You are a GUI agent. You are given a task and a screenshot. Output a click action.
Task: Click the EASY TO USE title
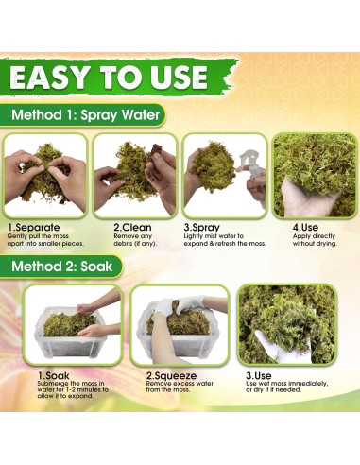[109, 77]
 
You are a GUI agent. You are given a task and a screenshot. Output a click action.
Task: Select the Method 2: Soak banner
[61, 267]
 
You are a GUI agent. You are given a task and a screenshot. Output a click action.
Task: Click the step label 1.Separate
[34, 227]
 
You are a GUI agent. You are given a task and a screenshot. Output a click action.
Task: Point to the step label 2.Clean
[132, 227]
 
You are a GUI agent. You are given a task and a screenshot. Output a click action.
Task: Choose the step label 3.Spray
[202, 228]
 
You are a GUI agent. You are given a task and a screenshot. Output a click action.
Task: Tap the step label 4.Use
[305, 227]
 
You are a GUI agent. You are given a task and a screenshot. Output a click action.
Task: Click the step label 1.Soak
[54, 375]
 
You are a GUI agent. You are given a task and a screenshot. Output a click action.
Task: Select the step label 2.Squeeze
[171, 376]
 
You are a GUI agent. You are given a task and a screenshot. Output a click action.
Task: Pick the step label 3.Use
[259, 375]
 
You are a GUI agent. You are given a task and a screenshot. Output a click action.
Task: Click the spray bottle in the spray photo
[252, 173]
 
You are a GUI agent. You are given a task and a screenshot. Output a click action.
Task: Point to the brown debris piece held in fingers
[156, 149]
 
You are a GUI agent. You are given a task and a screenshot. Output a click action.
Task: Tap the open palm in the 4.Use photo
[305, 198]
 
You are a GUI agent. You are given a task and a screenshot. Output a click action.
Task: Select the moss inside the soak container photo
[68, 323]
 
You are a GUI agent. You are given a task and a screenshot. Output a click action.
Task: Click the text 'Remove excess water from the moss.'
[180, 387]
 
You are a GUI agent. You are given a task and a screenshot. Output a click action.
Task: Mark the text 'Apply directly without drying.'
[315, 240]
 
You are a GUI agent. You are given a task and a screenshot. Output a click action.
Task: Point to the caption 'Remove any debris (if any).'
[135, 240]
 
